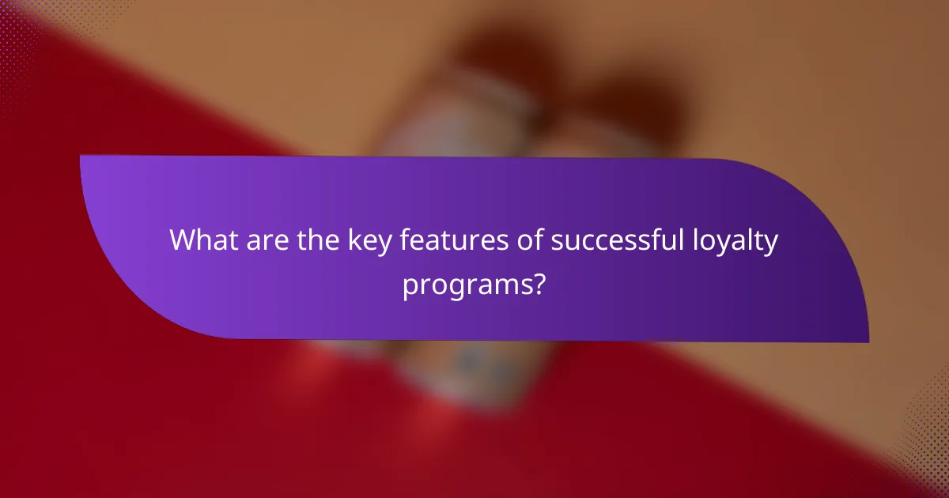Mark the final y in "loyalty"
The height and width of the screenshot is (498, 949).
pyautogui.click(x=772, y=243)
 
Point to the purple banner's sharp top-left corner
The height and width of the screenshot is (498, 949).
pyautogui.click(x=81, y=156)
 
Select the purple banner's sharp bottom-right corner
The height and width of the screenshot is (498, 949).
pyautogui.click(x=868, y=342)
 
